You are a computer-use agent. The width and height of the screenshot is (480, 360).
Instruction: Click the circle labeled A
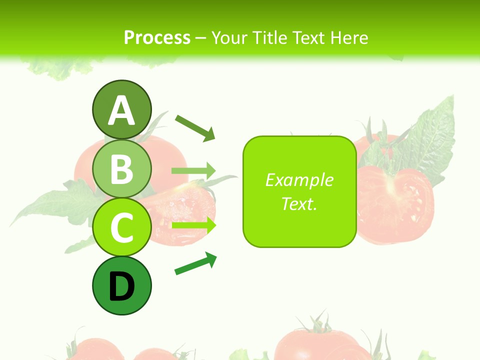click(x=121, y=109)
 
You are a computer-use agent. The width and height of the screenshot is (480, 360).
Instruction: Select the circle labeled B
click(x=121, y=168)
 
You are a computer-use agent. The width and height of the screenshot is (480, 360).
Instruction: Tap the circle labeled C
click(x=121, y=227)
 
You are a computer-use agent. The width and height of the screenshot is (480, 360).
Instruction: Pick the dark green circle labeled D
click(x=121, y=285)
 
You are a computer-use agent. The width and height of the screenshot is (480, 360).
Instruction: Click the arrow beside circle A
click(x=195, y=127)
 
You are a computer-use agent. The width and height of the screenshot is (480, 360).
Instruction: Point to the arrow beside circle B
click(x=193, y=171)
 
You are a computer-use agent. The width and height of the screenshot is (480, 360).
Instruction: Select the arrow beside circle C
click(x=193, y=225)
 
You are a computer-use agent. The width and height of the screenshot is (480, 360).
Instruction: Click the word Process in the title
click(x=157, y=37)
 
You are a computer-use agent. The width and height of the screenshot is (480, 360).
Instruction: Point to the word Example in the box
click(x=299, y=180)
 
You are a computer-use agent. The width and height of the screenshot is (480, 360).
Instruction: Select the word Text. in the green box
click(x=299, y=203)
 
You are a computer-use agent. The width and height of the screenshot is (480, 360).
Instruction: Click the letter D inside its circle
click(x=121, y=286)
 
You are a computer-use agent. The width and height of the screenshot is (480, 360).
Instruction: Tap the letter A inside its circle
click(x=121, y=110)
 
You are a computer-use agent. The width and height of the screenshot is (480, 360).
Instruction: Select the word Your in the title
click(x=231, y=37)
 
